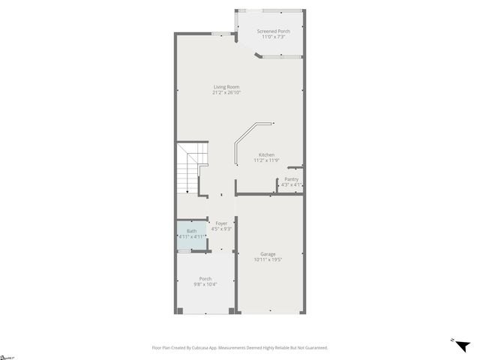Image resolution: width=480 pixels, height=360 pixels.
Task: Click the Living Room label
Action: pos(226,87)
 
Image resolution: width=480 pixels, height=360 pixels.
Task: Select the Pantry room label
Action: pos(291,179)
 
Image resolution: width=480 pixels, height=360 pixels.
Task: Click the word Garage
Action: pos(268,254)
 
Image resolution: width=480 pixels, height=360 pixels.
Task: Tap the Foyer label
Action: pos(221,223)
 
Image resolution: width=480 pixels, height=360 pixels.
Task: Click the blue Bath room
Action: pos(192,233)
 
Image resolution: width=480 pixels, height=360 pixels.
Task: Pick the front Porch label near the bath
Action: pos(205,279)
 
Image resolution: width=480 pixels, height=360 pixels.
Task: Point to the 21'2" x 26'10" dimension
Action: pos(226,93)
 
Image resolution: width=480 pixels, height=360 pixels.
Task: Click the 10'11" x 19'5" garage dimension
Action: pos(268,260)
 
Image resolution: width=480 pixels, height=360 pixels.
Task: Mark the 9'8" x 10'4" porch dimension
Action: pos(205,285)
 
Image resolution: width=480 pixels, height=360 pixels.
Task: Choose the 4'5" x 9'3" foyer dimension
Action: pos(221,229)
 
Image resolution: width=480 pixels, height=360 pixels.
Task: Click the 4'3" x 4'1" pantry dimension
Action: pos(291,184)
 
